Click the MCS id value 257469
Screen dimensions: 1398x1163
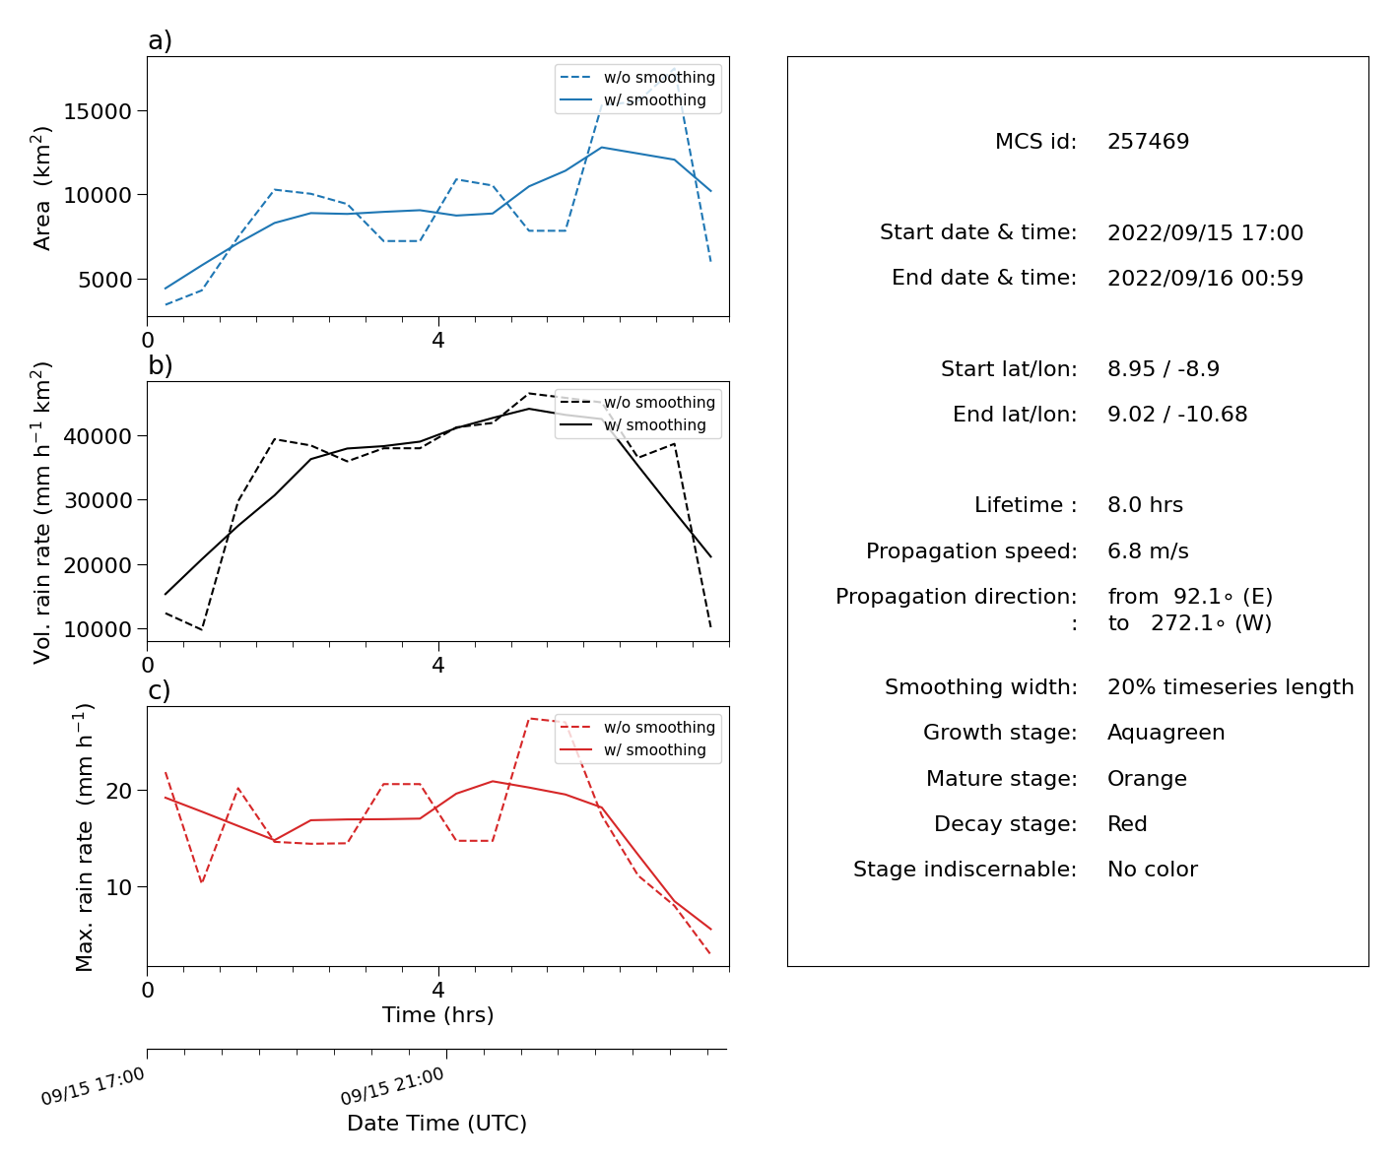(1148, 141)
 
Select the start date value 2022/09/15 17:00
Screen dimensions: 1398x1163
(1205, 232)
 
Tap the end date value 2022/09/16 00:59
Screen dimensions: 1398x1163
(1205, 278)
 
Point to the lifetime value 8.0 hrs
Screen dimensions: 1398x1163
(1145, 504)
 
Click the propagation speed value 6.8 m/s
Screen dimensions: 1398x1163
(1148, 550)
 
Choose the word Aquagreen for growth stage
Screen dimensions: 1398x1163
(1165, 732)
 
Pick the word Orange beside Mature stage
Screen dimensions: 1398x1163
(1146, 778)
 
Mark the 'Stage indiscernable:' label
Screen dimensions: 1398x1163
(965, 869)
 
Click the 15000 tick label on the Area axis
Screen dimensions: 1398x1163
(98, 111)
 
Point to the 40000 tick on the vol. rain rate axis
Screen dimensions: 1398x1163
(98, 436)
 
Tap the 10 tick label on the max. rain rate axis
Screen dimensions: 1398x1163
(118, 887)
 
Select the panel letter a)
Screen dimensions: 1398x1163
(160, 40)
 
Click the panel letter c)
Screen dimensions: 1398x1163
(160, 690)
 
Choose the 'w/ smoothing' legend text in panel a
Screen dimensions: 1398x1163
(654, 99)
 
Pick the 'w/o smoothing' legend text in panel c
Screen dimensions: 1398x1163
(659, 727)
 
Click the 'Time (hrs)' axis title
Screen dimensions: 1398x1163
(437, 1014)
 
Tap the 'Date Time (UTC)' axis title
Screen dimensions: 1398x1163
(436, 1123)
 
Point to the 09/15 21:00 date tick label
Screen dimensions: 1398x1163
(392, 1085)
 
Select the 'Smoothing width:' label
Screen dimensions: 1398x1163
(981, 686)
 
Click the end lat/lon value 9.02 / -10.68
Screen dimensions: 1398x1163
(1176, 414)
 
